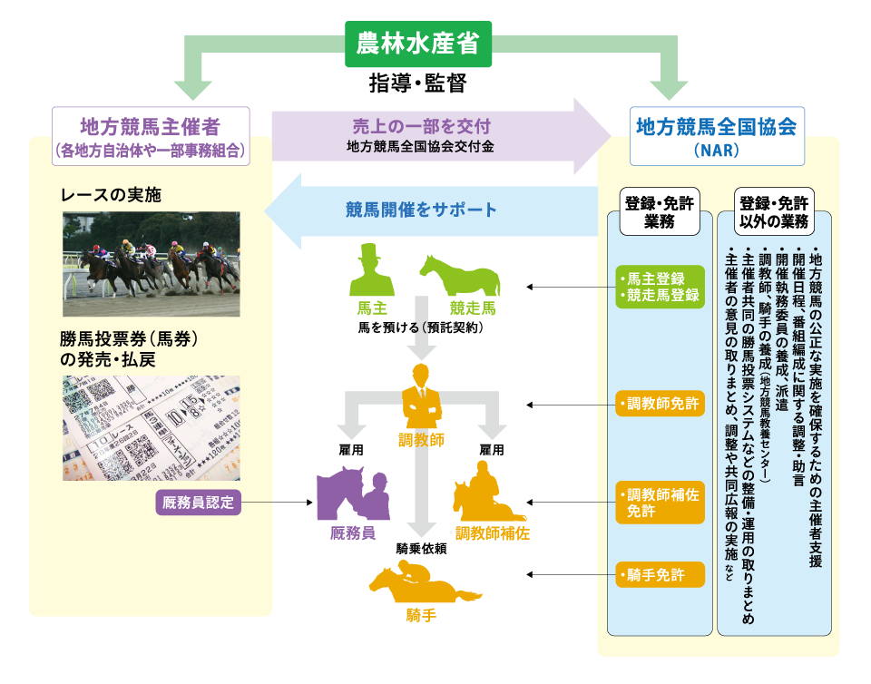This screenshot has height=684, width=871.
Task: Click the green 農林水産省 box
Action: tap(418, 44)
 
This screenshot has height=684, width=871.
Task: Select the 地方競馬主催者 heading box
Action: tap(151, 136)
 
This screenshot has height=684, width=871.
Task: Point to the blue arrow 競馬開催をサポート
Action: tap(426, 210)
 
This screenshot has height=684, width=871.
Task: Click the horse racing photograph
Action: tap(152, 264)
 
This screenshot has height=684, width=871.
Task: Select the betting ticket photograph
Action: tap(152, 427)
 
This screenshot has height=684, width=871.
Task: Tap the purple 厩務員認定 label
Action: tap(199, 502)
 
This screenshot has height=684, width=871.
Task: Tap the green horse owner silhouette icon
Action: tap(371, 271)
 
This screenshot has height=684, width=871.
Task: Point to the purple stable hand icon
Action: tap(350, 494)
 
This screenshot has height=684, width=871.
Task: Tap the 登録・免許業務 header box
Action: tap(660, 212)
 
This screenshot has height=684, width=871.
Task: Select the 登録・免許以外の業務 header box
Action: tap(774, 212)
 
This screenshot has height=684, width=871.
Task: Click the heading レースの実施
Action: tap(111, 195)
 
